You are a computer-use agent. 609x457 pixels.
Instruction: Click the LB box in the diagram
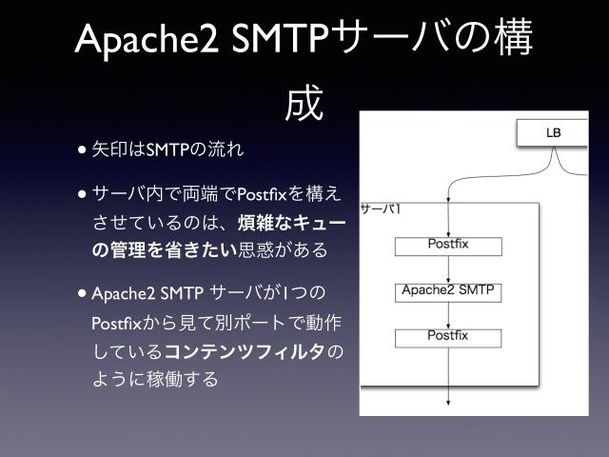[553, 133]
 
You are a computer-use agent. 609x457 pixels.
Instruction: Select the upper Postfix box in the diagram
[448, 246]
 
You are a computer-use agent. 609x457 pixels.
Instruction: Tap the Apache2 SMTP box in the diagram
[448, 290]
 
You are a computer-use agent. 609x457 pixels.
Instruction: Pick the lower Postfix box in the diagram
[448, 336]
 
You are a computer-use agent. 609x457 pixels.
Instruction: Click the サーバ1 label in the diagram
[378, 208]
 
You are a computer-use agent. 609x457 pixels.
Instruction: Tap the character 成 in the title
[304, 104]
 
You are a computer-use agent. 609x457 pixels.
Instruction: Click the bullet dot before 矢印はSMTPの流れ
[84, 149]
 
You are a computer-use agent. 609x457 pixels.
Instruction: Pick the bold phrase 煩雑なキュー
[291, 223]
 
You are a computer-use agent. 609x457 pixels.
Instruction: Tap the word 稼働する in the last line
[186, 379]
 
